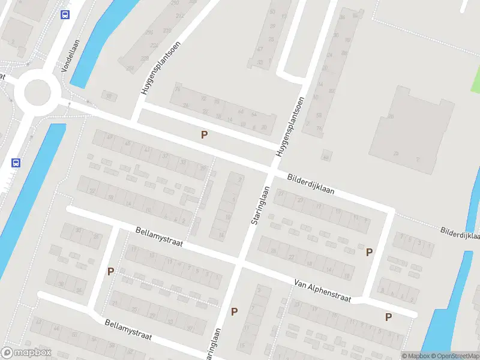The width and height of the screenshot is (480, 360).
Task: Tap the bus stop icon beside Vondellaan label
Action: point(65,15)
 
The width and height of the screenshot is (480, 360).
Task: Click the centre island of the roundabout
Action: point(37,92)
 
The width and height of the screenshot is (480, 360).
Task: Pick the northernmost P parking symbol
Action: point(205,135)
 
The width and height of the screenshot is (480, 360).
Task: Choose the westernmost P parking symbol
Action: point(110,271)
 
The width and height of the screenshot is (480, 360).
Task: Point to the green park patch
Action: point(475,81)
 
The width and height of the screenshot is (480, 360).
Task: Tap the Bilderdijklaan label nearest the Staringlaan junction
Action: point(311,185)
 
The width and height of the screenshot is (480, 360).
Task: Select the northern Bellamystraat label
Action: point(159,239)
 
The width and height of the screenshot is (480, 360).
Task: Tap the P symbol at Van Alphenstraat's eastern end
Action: point(389,317)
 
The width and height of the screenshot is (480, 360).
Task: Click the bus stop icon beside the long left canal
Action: point(16,162)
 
